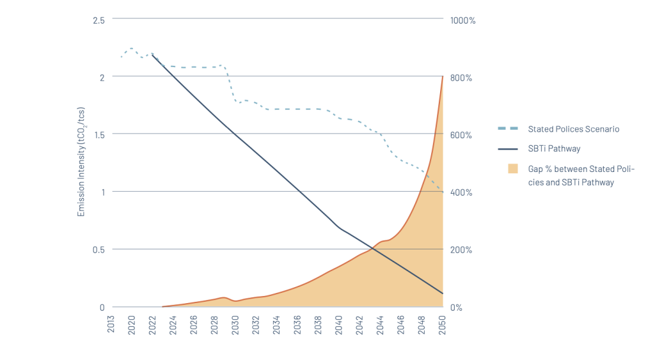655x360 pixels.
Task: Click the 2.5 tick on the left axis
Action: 99,20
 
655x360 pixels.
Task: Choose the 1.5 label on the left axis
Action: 99,135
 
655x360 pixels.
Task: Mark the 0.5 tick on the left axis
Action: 99,250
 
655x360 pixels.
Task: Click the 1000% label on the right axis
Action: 462,20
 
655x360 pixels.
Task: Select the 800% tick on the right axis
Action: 461,78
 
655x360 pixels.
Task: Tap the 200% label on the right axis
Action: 461,250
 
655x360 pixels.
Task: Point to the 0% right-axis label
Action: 457,308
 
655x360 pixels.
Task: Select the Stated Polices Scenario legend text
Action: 573,129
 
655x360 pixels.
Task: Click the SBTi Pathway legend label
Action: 554,149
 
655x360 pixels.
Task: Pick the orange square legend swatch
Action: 512,169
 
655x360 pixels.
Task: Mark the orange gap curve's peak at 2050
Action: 443,77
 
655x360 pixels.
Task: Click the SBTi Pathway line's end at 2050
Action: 443,293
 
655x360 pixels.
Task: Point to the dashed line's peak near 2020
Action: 131,48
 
